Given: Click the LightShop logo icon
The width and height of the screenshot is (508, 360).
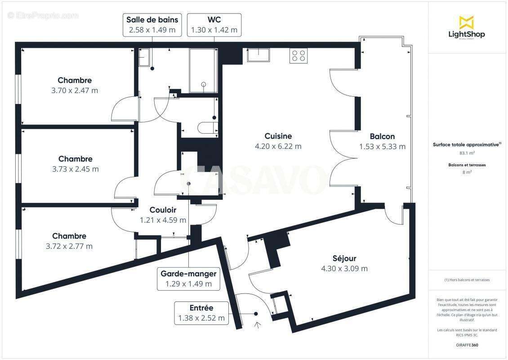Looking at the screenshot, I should click(466, 22).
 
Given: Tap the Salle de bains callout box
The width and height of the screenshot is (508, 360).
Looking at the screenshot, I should click(152, 25).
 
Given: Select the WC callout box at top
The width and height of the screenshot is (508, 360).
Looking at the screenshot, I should click(214, 25).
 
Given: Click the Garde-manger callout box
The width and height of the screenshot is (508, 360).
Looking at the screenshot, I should click(188, 279).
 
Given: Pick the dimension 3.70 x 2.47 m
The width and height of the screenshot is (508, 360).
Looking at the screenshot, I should click(75, 90).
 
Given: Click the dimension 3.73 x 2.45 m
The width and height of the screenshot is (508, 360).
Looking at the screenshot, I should click(75, 169).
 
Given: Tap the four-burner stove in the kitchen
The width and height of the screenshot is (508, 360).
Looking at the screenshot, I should click(299, 56).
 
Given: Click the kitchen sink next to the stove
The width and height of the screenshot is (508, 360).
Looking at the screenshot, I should click(258, 55).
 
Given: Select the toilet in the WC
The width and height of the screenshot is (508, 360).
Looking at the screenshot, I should click(208, 127).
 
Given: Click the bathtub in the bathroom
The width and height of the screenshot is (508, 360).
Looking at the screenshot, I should click(204, 71).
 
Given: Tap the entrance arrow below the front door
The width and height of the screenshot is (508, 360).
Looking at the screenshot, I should click(258, 325).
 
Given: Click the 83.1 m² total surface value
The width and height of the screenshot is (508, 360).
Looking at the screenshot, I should click(466, 153).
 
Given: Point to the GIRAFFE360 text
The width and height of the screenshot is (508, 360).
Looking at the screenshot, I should click(466, 346).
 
